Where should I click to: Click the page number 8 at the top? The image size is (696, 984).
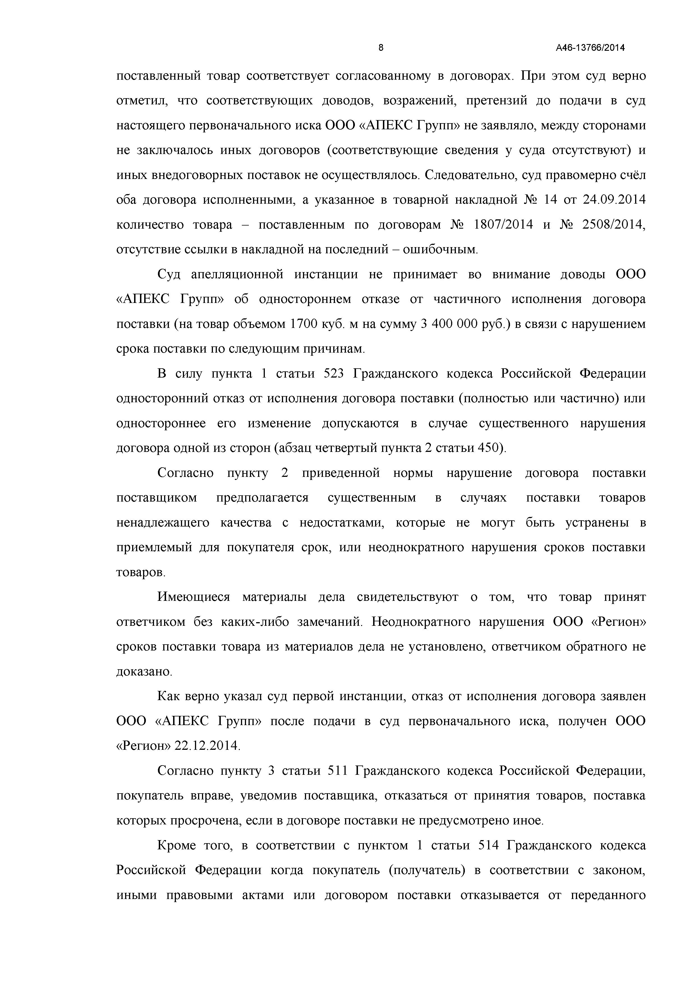(x=381, y=48)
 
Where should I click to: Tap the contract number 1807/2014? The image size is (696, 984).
(x=503, y=225)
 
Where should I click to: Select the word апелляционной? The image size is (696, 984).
(x=237, y=275)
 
